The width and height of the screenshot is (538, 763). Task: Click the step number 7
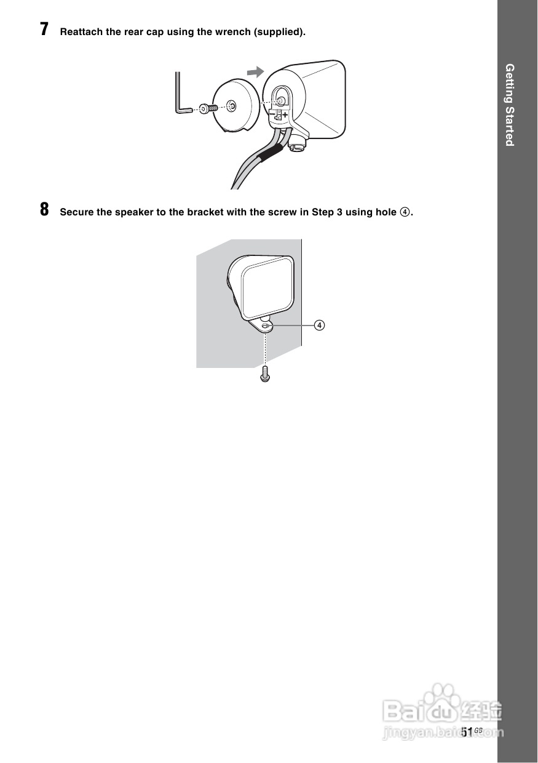click(44, 30)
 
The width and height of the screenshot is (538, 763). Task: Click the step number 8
click(44, 210)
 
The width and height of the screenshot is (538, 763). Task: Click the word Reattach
click(81, 32)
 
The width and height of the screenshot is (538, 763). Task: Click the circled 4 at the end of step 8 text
click(404, 212)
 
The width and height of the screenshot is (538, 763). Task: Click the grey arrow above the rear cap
click(255, 71)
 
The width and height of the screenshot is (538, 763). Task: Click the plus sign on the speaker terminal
click(286, 114)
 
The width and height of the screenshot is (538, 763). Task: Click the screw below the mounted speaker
click(265, 374)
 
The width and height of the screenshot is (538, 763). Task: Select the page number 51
click(467, 731)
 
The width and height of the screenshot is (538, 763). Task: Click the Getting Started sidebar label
click(509, 105)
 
